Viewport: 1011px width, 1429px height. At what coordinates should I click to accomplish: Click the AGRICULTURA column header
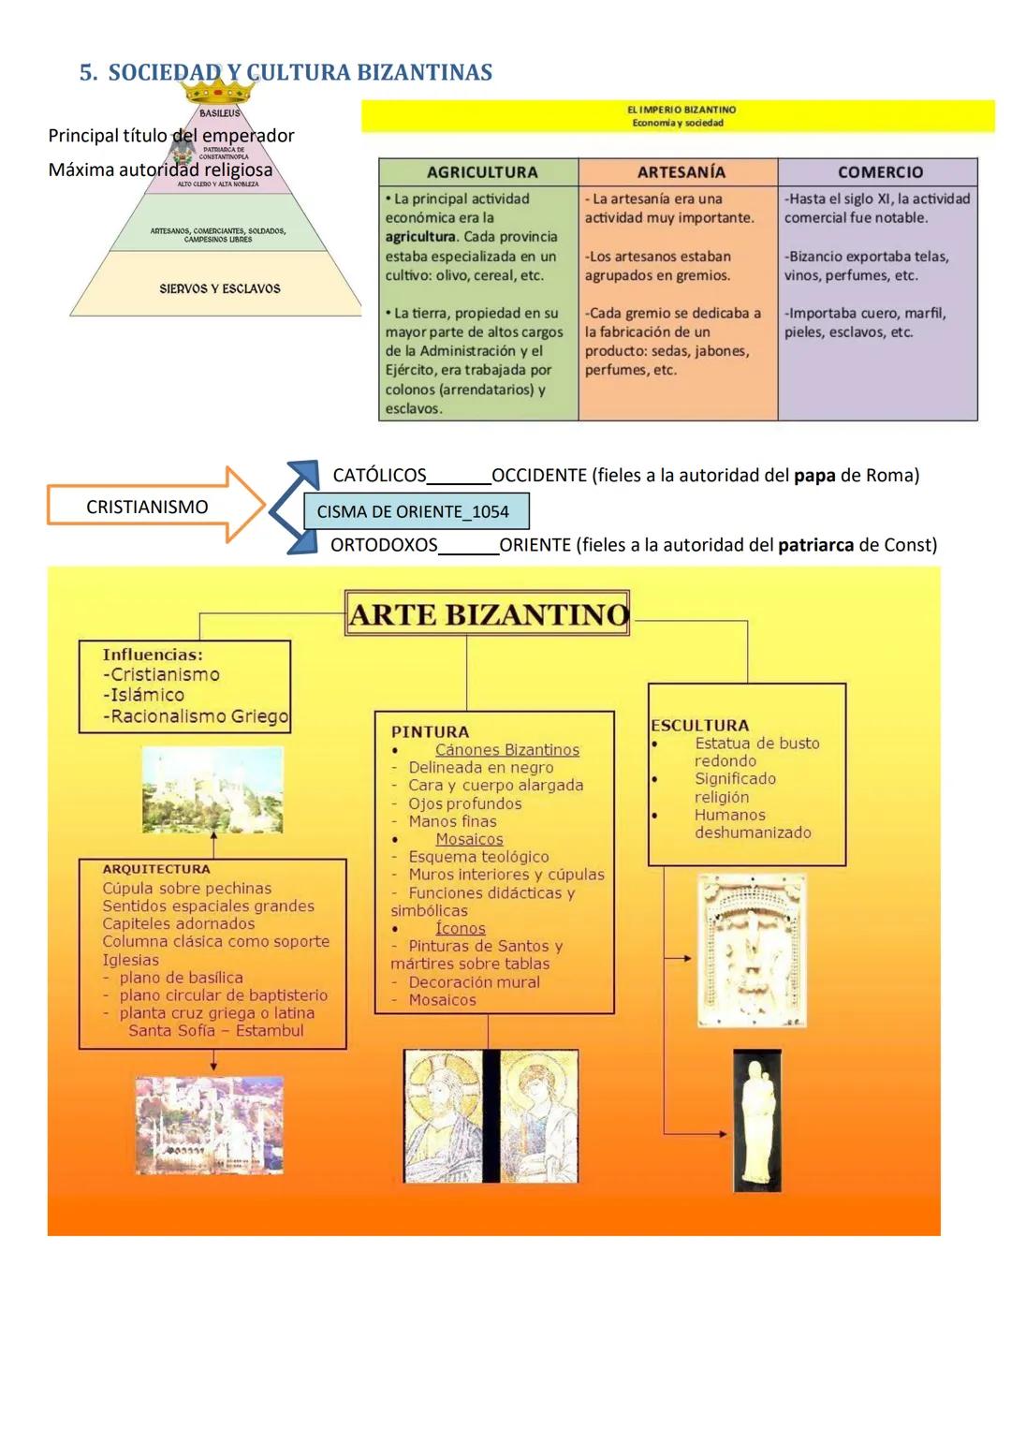pos(481,172)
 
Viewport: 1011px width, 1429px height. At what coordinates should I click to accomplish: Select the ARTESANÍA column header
pos(681,172)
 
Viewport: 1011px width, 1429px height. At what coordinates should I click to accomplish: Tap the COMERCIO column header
pos(879,172)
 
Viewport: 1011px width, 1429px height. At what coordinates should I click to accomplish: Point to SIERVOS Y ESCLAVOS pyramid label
pos(219,288)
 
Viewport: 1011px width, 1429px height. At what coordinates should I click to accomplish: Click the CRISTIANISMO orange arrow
pos(154,507)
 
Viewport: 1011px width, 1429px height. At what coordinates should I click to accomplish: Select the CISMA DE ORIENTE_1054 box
pos(416,512)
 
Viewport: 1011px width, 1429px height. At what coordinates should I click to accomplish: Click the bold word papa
pos(814,476)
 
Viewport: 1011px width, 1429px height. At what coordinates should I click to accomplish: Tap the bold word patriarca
pos(815,545)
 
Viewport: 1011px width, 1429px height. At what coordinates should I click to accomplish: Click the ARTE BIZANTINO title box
pos(487,614)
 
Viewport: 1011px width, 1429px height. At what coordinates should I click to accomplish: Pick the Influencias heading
pos(153,655)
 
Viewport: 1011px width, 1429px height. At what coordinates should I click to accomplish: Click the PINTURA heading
pos(430,731)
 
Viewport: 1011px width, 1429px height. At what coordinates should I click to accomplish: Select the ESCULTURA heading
pos(699,725)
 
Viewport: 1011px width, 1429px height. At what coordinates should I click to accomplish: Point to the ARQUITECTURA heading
pos(156,869)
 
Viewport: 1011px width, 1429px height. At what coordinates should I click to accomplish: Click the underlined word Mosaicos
pos(469,839)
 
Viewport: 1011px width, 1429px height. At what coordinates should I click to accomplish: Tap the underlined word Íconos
pos(461,928)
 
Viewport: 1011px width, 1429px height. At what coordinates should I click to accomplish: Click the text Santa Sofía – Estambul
pos(216,1030)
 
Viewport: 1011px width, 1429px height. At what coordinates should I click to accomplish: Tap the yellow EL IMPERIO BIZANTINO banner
pos(678,116)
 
